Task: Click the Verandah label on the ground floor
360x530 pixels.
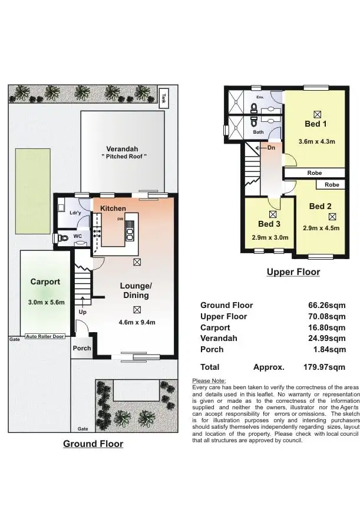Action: pyautogui.click(x=123, y=148)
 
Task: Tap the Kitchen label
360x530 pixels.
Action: pyautogui.click(x=113, y=208)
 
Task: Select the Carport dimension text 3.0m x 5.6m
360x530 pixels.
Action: pyautogui.click(x=45, y=302)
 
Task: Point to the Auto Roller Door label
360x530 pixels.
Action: pyautogui.click(x=45, y=337)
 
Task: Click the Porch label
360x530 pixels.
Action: pyautogui.click(x=82, y=348)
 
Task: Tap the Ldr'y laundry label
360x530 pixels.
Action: pyautogui.click(x=75, y=213)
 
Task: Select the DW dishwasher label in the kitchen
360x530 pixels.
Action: pyautogui.click(x=120, y=218)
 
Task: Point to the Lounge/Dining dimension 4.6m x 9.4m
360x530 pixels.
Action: pyautogui.click(x=137, y=322)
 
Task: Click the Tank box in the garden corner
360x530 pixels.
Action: pyautogui.click(x=164, y=97)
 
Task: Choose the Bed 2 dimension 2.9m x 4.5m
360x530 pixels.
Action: pyautogui.click(x=321, y=228)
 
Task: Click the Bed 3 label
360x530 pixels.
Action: pyautogui.click(x=269, y=224)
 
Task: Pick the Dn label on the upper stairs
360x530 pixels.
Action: pyautogui.click(x=271, y=148)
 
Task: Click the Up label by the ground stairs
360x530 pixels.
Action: pyautogui.click(x=82, y=312)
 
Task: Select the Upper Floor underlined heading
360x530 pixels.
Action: pyautogui.click(x=293, y=272)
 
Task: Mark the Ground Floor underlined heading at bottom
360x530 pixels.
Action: pyautogui.click(x=93, y=443)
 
